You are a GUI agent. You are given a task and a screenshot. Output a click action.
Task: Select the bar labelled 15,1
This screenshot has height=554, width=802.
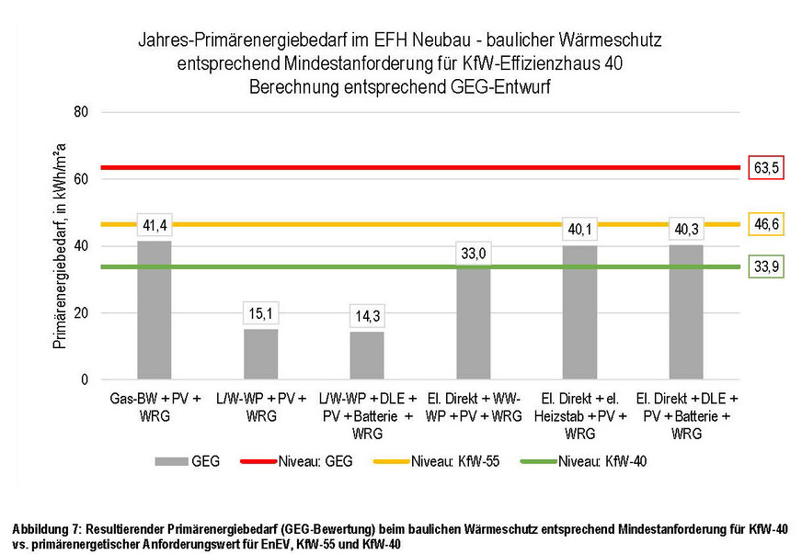coord(260,353)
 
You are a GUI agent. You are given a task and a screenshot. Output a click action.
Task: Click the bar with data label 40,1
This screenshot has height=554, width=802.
coord(580,311)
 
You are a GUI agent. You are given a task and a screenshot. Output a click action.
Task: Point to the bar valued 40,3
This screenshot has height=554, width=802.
coord(686,311)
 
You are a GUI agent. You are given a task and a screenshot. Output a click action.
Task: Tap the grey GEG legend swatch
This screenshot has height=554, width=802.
coord(171,461)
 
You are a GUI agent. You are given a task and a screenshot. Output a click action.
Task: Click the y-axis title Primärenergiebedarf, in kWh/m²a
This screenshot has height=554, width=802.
coord(60,245)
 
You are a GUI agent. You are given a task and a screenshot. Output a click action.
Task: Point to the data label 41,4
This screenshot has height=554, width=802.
coord(154,224)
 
